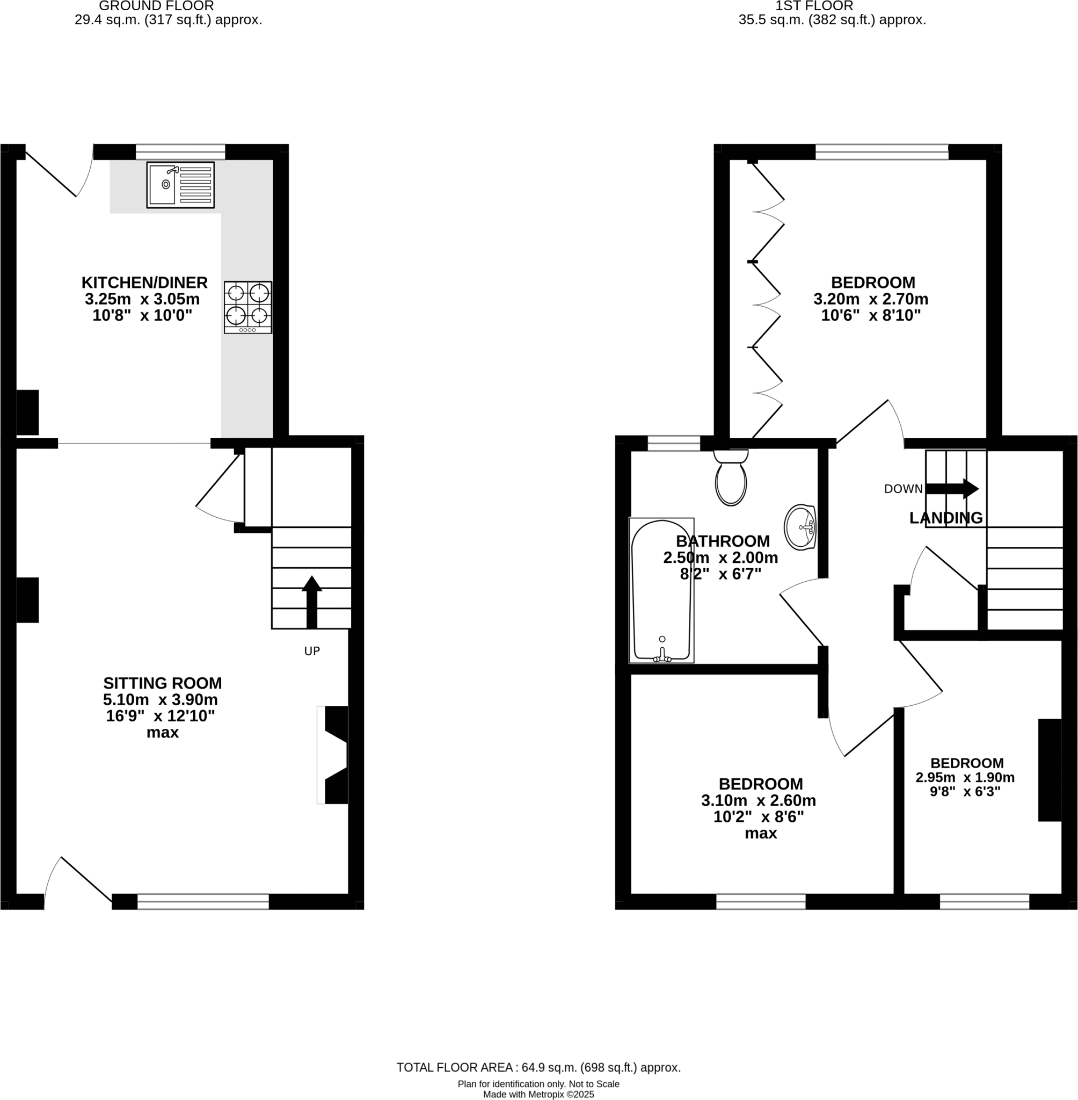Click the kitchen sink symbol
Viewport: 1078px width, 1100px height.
point(180,185)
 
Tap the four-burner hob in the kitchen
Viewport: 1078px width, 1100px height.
point(247,307)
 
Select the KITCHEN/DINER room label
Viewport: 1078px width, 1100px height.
point(144,282)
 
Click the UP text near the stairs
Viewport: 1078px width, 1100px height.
point(312,652)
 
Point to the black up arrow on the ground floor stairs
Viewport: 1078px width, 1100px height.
point(311,602)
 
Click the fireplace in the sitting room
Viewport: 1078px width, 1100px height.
point(334,755)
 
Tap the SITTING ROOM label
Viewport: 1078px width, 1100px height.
point(163,683)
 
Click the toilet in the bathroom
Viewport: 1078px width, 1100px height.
point(731,479)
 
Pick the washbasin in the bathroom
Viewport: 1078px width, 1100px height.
point(800,527)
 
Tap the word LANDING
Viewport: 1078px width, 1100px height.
point(945,518)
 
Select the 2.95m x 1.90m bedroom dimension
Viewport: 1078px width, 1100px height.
point(965,777)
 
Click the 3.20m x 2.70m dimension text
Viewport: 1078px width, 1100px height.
point(871,299)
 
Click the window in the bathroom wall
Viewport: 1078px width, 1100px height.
point(674,443)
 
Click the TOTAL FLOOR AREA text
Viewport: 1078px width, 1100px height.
point(538,1067)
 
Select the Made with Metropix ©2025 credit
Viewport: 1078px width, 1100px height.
point(538,1094)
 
